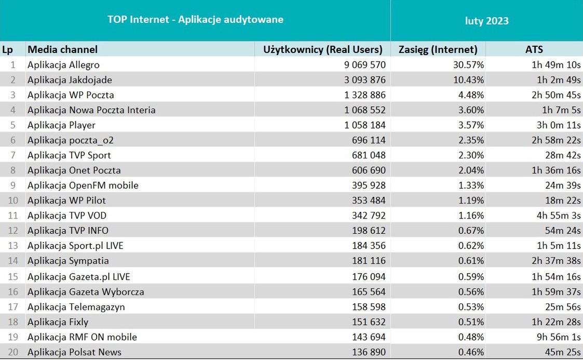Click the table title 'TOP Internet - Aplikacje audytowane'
click(x=195, y=20)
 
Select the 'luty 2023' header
click(x=486, y=21)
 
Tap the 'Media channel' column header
click(x=63, y=49)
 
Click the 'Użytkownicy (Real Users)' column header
click(x=323, y=49)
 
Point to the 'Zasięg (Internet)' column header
click(x=438, y=49)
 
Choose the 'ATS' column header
click(x=534, y=49)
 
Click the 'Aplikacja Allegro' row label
click(x=63, y=65)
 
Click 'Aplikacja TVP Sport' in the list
click(x=69, y=155)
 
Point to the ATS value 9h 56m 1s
click(x=558, y=337)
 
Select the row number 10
click(x=13, y=201)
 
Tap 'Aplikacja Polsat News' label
click(x=74, y=352)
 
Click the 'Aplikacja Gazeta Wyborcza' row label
click(x=86, y=292)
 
